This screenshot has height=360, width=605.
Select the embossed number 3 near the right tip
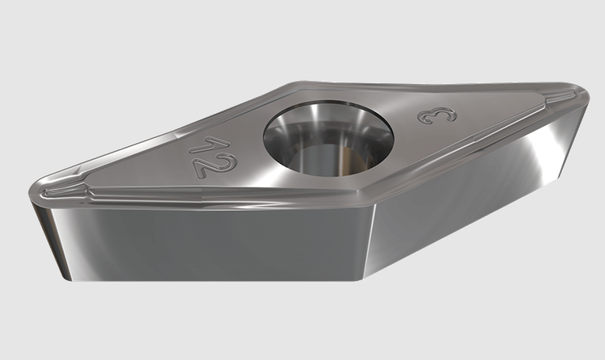[437, 115]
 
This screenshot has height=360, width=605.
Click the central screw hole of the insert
[328, 138]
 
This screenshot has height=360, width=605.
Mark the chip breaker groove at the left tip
[62, 190]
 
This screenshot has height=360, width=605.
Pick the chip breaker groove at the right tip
[560, 98]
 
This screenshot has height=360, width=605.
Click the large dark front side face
[216, 243]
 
